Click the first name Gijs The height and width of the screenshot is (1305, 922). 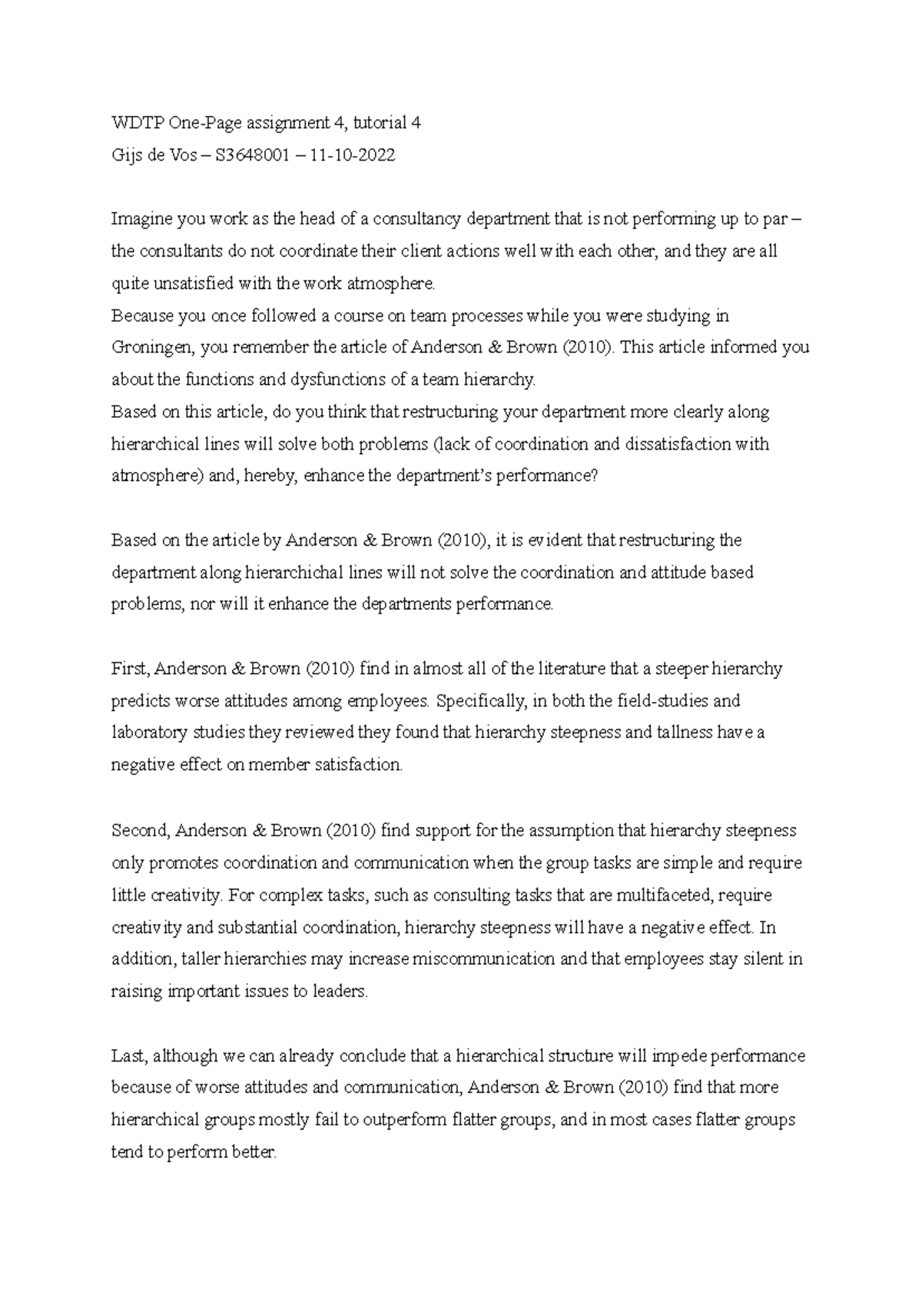127,155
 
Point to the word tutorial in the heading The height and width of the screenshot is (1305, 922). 376,123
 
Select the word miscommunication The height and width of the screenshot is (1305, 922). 483,959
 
